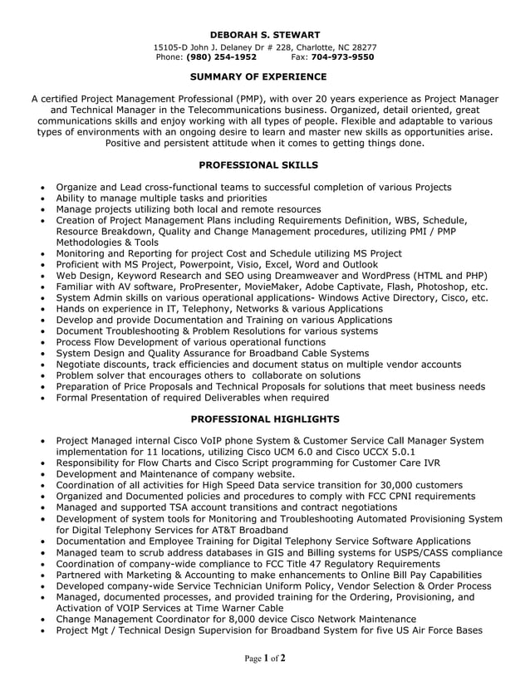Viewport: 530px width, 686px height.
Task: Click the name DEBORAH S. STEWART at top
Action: click(x=264, y=34)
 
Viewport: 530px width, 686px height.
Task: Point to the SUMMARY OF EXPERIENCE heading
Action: click(x=264, y=76)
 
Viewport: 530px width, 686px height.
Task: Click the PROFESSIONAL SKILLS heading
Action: click(x=264, y=165)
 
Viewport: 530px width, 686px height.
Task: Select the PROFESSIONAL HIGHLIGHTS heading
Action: click(x=264, y=419)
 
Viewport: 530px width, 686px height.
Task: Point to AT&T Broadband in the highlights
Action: click(x=249, y=530)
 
